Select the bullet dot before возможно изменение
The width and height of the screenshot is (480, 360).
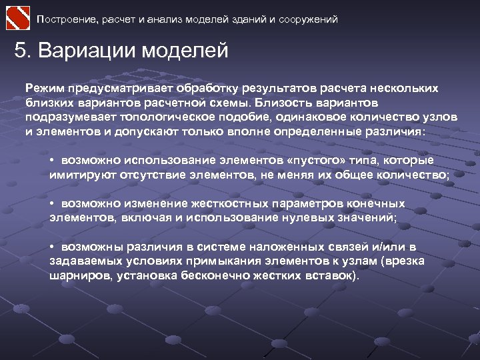(52, 204)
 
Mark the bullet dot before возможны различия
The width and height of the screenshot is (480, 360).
(52, 247)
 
